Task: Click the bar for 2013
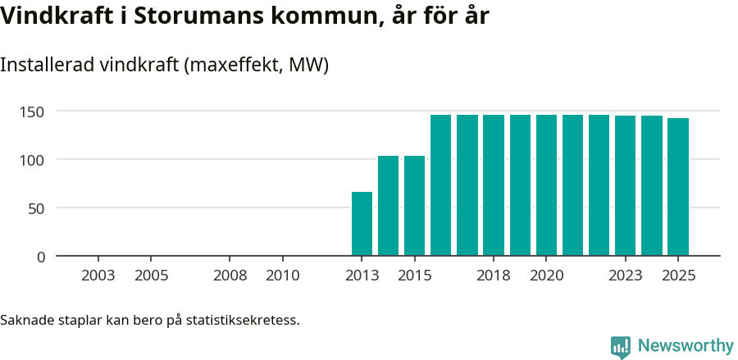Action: click(x=362, y=224)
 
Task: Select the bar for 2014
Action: click(x=388, y=206)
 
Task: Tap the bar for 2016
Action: click(x=440, y=185)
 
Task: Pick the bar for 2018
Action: click(x=494, y=185)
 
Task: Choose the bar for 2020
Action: click(x=546, y=185)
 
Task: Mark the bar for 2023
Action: click(x=625, y=186)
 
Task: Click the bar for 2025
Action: click(x=677, y=187)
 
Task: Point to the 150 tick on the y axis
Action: click(x=33, y=112)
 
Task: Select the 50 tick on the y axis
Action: click(x=37, y=208)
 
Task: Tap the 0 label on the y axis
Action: click(x=41, y=257)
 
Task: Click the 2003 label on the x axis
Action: click(x=98, y=276)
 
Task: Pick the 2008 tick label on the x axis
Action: click(x=230, y=276)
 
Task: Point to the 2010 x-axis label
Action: click(x=283, y=276)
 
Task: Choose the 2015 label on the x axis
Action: click(x=415, y=276)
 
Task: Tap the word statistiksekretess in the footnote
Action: click(x=243, y=320)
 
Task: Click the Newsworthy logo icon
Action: click(x=621, y=346)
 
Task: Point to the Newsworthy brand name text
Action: click(x=686, y=346)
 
